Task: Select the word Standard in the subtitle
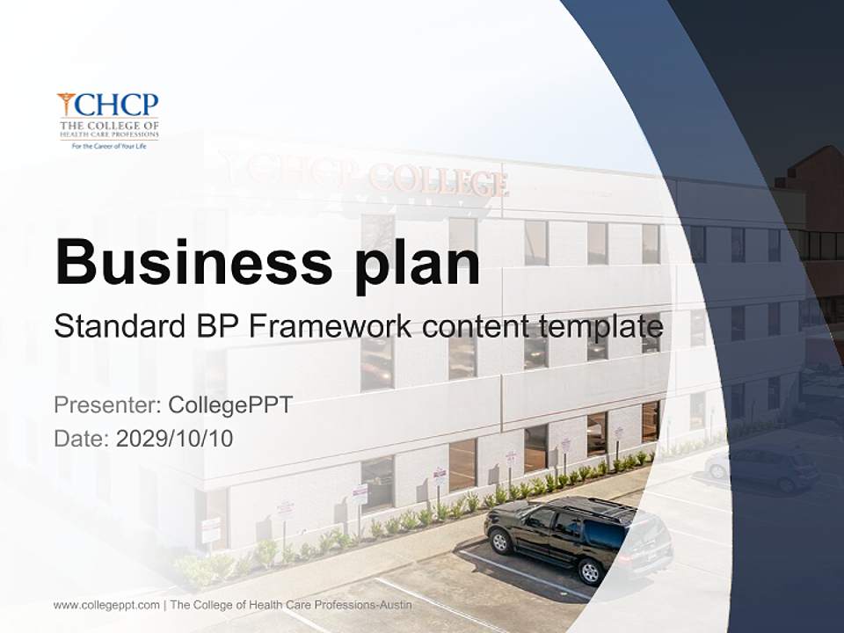(116, 327)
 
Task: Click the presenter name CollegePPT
(230, 405)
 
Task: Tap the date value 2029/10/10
(175, 438)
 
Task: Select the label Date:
(82, 438)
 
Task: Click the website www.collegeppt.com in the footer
(106, 605)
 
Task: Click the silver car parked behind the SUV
(761, 468)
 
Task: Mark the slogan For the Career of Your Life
(108, 147)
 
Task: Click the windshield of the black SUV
(537, 518)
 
